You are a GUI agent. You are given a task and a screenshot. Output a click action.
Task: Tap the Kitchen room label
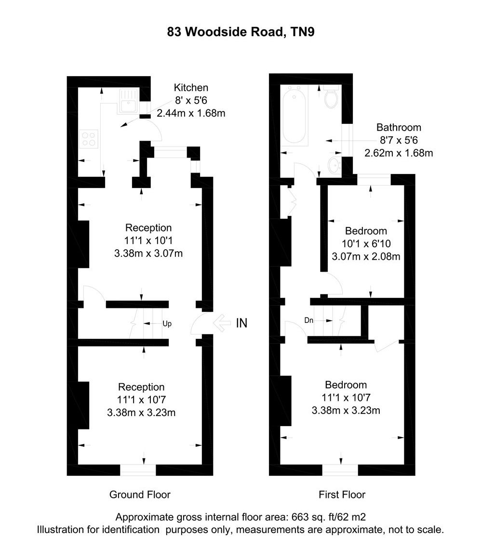click(191, 88)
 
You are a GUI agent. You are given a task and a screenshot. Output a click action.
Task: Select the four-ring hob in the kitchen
click(88, 139)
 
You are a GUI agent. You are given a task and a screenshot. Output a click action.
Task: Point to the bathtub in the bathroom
click(294, 115)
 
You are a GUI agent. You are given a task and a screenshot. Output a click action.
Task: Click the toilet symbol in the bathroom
click(331, 98)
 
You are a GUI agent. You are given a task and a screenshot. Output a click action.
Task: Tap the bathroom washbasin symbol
click(334, 165)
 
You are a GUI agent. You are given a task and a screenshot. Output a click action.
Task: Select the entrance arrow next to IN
click(221, 323)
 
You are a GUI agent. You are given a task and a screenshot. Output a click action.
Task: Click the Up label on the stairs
click(167, 323)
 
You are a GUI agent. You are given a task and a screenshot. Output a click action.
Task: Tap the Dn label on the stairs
click(309, 320)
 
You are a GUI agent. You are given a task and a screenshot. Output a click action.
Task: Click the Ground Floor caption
click(140, 495)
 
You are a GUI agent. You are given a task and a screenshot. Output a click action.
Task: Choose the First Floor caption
click(342, 495)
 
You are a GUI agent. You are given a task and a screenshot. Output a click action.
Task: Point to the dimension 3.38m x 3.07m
click(148, 253)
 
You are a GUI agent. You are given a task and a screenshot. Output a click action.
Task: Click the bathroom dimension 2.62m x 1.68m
click(399, 153)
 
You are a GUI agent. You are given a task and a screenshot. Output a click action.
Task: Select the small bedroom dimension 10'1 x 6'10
click(366, 244)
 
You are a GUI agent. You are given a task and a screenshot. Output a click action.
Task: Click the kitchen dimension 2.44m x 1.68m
click(191, 114)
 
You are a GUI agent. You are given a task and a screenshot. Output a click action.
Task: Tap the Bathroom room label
click(399, 128)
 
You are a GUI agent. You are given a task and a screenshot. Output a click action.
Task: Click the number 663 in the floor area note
click(300, 518)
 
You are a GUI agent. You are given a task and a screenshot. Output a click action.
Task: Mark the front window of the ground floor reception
click(138, 470)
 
